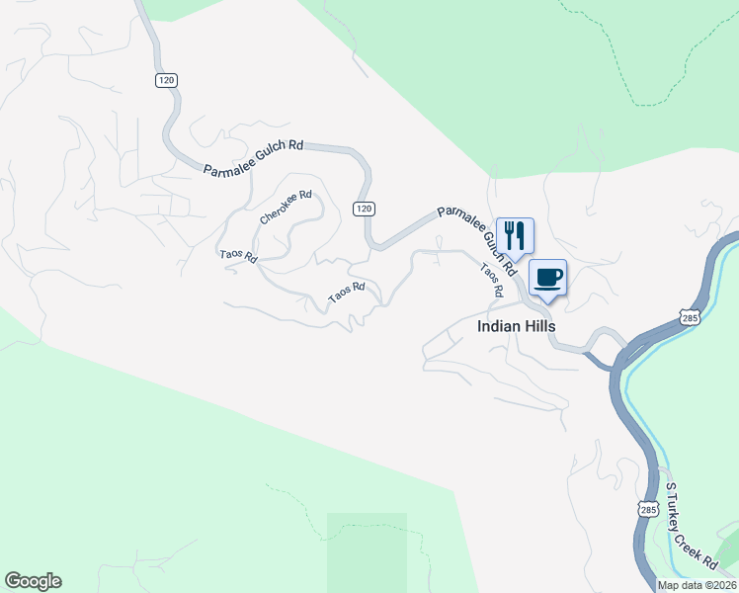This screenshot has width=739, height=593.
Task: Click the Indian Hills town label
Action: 516,326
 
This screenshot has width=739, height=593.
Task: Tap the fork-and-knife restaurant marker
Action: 515,235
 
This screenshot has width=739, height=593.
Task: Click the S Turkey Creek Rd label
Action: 691,527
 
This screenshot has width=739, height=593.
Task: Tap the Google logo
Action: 33,581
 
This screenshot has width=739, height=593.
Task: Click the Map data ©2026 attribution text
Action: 696,585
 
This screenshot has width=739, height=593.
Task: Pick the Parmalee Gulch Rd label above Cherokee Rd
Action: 253,158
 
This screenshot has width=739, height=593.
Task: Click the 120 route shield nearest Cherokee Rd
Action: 364,208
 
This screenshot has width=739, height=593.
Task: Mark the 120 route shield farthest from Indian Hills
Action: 165,80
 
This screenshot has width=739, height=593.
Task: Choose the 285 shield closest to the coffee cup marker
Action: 690,317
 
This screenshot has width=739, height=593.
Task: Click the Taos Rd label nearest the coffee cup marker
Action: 492,280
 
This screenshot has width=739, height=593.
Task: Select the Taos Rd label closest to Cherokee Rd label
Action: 238,255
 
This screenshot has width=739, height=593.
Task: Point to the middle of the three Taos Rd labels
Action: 347,292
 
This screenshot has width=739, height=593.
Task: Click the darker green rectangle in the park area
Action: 367,551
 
